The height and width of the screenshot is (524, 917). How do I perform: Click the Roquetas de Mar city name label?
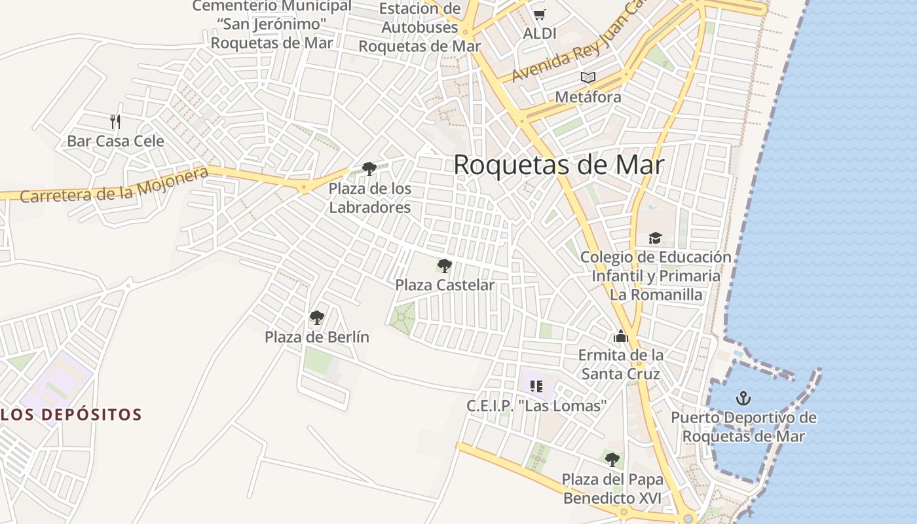pyautogui.click(x=559, y=165)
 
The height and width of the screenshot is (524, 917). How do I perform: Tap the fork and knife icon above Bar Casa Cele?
pyautogui.click(x=115, y=121)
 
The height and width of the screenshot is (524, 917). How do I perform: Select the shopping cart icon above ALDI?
pyautogui.click(x=539, y=14)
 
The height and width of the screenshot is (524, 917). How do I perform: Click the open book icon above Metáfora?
pyautogui.click(x=588, y=78)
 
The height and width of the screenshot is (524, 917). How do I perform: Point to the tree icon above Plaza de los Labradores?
pyautogui.click(x=369, y=169)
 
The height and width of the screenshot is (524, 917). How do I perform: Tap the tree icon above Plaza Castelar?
pyautogui.click(x=445, y=266)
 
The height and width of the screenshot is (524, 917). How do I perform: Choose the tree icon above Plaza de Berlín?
pyautogui.click(x=317, y=318)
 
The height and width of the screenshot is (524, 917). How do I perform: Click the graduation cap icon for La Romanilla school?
pyautogui.click(x=655, y=238)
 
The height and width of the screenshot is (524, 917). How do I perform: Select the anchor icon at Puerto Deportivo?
pyautogui.click(x=743, y=398)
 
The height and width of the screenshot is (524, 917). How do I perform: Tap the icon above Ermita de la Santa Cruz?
pyautogui.click(x=620, y=337)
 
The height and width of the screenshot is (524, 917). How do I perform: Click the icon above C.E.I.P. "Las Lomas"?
pyautogui.click(x=536, y=386)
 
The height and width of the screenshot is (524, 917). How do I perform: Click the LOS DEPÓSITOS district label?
pyautogui.click(x=71, y=415)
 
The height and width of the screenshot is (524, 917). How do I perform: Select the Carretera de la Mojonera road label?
pyautogui.click(x=115, y=185)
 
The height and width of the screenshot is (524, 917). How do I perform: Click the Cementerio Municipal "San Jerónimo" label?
pyautogui.click(x=272, y=24)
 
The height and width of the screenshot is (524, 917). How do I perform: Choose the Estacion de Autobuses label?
pyautogui.click(x=420, y=28)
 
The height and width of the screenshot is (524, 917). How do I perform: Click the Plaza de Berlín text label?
pyautogui.click(x=317, y=337)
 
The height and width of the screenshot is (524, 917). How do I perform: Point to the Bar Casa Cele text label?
pyautogui.click(x=115, y=141)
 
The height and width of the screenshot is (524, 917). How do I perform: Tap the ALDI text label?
pyautogui.click(x=540, y=33)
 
